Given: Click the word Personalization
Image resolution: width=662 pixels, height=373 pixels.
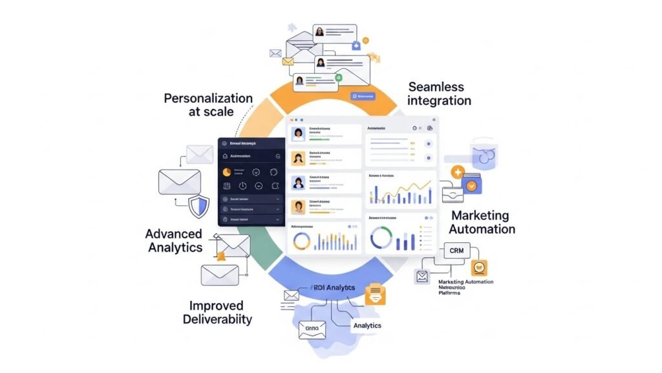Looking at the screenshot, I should (x=208, y=98).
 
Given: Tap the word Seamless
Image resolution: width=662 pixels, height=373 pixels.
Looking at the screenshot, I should (x=435, y=87).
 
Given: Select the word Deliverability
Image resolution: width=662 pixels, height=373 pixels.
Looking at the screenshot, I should (x=217, y=319).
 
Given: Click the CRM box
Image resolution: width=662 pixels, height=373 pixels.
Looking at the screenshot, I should (x=456, y=250).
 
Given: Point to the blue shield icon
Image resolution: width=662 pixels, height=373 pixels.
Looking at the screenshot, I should (x=199, y=205).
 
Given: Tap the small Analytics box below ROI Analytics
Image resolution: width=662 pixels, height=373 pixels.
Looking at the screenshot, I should (x=367, y=326).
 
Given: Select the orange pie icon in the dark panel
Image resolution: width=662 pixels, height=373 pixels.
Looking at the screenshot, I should (x=226, y=172).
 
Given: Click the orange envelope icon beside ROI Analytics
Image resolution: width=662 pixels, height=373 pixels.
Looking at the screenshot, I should (x=375, y=295).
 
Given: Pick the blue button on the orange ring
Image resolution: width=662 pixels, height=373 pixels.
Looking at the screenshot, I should (x=363, y=96).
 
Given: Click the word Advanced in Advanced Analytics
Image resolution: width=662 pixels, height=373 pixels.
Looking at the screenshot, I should (x=173, y=234).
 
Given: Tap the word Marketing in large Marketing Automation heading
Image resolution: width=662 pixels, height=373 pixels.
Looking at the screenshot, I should (x=480, y=216).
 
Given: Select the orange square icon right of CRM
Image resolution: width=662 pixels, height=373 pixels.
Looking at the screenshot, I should (x=479, y=267).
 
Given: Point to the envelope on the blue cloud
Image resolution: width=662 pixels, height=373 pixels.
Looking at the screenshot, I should (x=312, y=329).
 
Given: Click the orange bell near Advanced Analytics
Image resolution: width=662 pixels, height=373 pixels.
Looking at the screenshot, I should (x=221, y=256).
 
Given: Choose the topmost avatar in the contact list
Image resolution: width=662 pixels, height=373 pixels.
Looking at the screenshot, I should (x=299, y=134).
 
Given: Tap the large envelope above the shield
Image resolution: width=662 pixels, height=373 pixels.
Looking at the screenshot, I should (x=176, y=181).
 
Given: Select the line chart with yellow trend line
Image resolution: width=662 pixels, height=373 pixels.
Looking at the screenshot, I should (x=400, y=191).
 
